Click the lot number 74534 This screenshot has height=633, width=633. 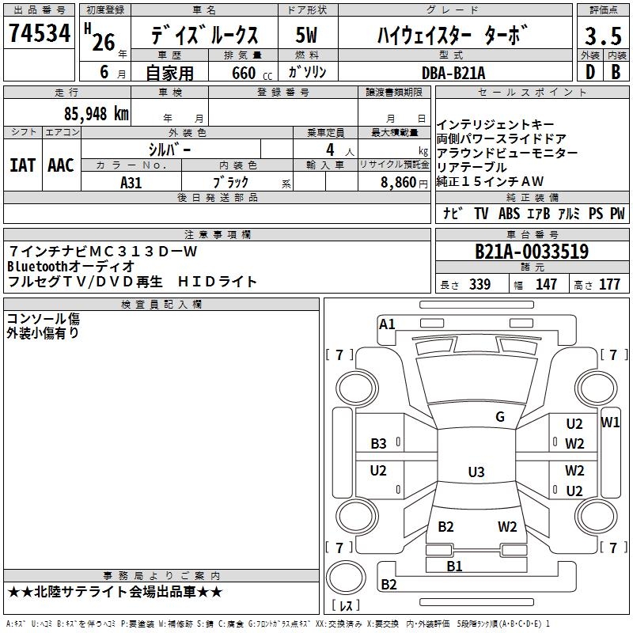click(38, 33)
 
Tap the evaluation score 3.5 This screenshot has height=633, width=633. click(601, 36)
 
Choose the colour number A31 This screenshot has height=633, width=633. click(131, 182)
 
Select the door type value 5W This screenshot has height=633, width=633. click(307, 36)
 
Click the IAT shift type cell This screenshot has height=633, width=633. click(22, 165)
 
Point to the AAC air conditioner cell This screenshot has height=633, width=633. click(61, 165)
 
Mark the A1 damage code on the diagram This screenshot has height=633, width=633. click(387, 324)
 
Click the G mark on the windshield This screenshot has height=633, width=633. click(499, 417)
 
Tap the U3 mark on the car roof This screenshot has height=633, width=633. click(476, 472)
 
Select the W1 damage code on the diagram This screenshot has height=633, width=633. click(610, 423)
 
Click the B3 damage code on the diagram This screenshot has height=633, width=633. click(378, 444)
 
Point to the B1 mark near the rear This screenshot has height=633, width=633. click(454, 566)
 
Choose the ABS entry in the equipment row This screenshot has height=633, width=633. click(509, 214)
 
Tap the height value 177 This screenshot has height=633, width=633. click(609, 285)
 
